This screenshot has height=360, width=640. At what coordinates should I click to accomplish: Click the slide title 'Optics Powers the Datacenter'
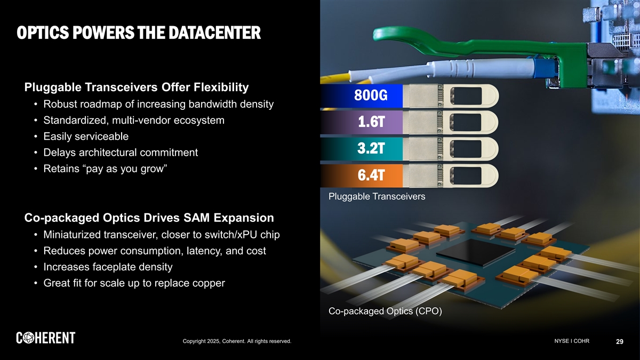(139, 34)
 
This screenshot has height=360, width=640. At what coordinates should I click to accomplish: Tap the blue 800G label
(370, 96)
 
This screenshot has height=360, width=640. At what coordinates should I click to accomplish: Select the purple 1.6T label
(370, 123)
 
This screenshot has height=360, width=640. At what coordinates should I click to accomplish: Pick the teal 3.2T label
(370, 149)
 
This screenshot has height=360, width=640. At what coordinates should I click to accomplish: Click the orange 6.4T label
(370, 175)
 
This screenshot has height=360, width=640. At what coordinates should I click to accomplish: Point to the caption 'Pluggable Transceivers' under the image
(377, 197)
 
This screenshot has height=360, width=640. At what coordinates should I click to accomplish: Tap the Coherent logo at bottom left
(46, 338)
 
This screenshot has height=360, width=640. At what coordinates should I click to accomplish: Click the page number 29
(619, 341)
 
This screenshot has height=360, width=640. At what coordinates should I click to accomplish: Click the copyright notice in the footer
(236, 341)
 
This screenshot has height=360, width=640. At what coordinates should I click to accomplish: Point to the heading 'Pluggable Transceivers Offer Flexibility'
(137, 87)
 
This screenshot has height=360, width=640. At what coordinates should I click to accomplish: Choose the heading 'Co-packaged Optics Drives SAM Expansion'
(149, 218)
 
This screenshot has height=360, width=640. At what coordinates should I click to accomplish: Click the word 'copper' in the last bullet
(207, 283)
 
